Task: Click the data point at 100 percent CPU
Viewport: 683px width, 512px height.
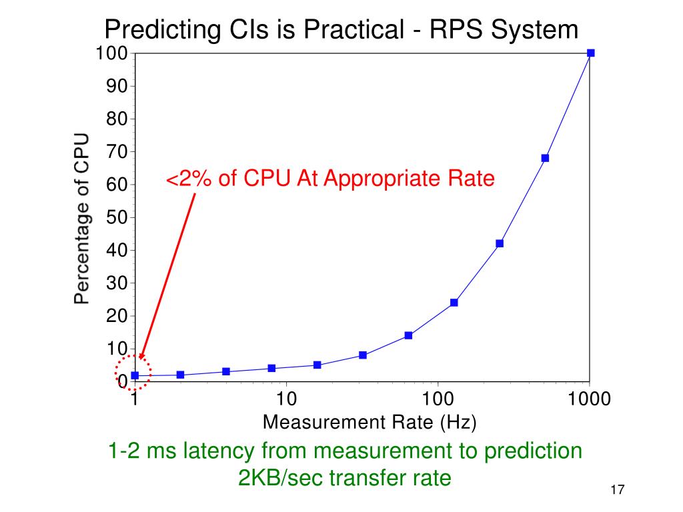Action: click(590, 53)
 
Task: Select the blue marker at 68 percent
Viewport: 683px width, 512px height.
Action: click(545, 158)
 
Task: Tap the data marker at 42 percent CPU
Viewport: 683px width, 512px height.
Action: click(500, 243)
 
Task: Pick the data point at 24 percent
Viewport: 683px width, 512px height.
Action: click(454, 303)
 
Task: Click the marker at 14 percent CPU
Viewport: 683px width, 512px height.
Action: click(408, 335)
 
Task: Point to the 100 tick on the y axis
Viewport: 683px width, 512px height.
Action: click(111, 53)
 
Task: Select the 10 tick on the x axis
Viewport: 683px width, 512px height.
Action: click(286, 399)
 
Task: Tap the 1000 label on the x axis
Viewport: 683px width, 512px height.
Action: click(589, 399)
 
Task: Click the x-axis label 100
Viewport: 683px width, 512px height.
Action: click(438, 399)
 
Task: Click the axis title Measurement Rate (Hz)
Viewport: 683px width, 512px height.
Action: click(370, 422)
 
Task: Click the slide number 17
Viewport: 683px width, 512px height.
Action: click(616, 491)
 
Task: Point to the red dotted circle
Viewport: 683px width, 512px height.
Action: click(133, 373)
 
